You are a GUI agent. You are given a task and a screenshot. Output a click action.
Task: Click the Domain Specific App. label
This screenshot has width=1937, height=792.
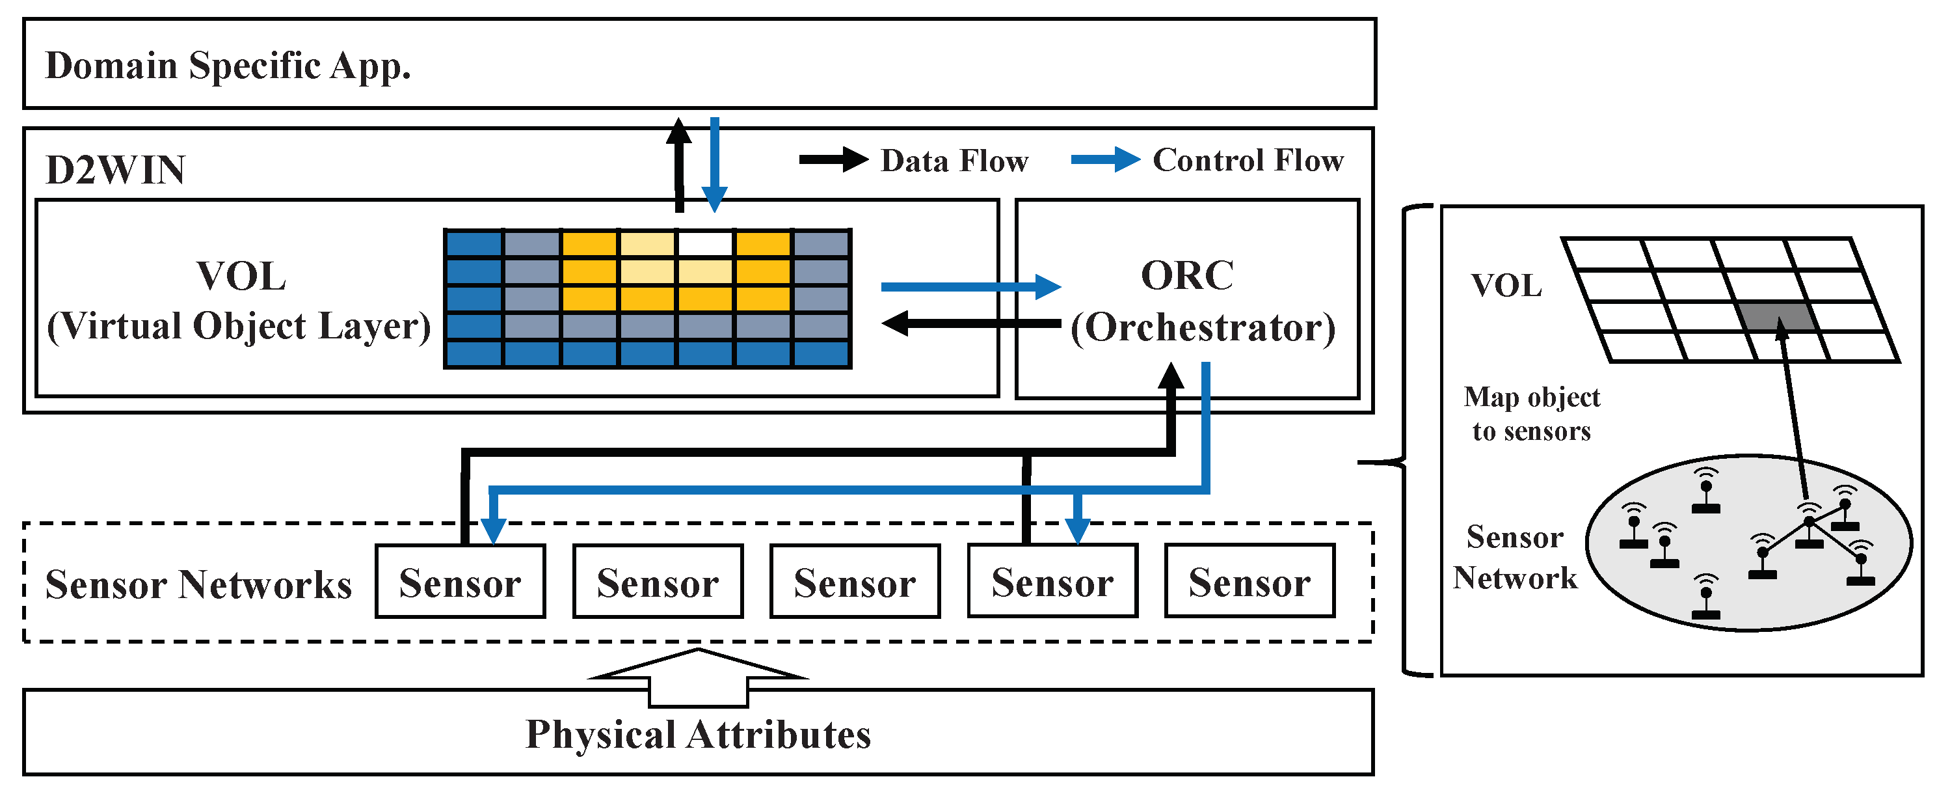[228, 66]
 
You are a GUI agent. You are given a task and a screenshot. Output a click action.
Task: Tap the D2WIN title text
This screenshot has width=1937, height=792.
[115, 170]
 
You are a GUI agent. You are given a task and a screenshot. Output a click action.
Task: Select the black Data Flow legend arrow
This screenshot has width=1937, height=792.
[833, 159]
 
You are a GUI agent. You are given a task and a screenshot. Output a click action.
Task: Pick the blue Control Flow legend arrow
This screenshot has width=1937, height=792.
[1105, 159]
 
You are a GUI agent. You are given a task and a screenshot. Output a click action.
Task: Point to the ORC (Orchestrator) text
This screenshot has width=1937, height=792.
[1201, 301]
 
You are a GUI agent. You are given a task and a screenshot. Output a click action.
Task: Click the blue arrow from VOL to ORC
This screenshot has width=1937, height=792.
[970, 286]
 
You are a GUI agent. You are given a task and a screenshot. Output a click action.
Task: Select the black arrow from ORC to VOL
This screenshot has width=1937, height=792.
[970, 323]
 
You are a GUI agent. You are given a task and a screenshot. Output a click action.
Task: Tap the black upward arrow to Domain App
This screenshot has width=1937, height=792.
[679, 165]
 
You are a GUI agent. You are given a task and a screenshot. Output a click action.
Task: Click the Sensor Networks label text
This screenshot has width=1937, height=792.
[198, 584]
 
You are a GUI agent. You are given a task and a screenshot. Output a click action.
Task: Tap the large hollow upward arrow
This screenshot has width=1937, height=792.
[698, 677]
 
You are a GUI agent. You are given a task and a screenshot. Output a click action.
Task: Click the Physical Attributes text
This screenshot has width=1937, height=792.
[698, 734]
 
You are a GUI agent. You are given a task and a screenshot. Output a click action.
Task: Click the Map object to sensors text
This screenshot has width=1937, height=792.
[1531, 414]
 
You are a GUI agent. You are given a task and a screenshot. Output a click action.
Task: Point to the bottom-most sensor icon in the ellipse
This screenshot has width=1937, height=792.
[1705, 599]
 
